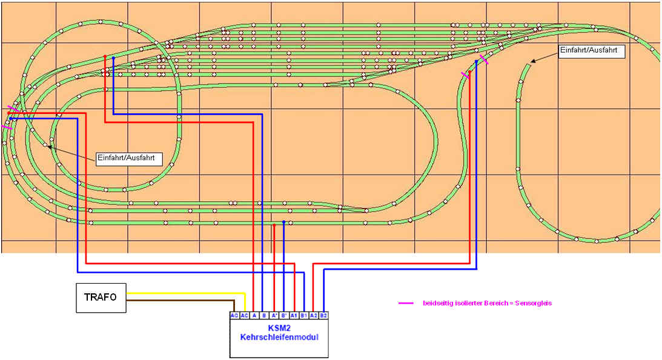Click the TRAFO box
[101, 298]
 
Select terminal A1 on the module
[294, 315]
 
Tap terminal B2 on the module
[323, 315]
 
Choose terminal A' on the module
[274, 315]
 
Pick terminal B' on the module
[283, 315]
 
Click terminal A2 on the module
[314, 315]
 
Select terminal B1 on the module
[303, 315]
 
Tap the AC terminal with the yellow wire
[244, 315]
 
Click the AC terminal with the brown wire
[234, 315]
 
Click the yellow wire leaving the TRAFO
[182, 293]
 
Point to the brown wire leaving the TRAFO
[182, 300]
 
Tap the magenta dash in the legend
[405, 302]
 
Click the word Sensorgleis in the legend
[533, 302]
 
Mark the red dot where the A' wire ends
[274, 225]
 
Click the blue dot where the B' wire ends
[283, 222]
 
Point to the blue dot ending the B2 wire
[476, 62]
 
